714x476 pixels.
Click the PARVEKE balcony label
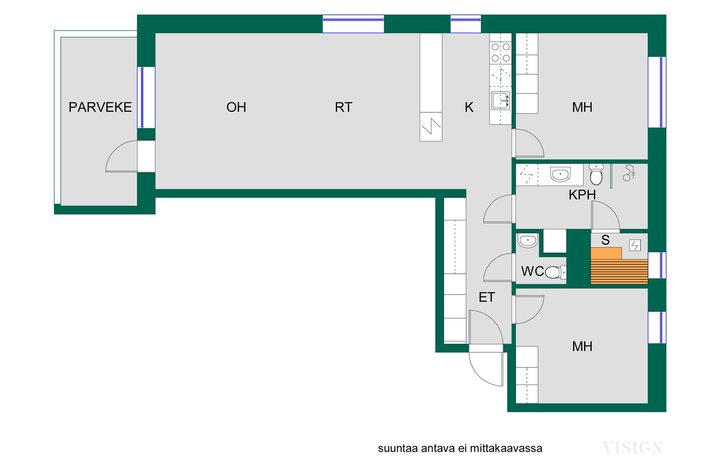tap(100, 107)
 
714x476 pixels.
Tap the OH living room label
tap(236, 107)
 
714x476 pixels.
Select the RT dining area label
tap(343, 107)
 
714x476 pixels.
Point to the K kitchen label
tap(469, 107)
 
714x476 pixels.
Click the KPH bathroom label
tap(582, 194)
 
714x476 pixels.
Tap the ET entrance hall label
tap(487, 297)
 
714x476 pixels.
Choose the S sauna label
tap(605, 240)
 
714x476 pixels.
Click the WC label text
tap(533, 271)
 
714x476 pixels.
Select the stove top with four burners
tap(501, 52)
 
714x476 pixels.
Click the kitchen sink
tap(501, 101)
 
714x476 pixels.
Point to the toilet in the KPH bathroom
tap(596, 174)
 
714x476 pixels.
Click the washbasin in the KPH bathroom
tap(560, 174)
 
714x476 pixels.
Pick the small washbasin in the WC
tap(528, 241)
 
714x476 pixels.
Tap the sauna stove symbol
tap(635, 245)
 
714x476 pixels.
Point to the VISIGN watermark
tap(633, 448)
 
